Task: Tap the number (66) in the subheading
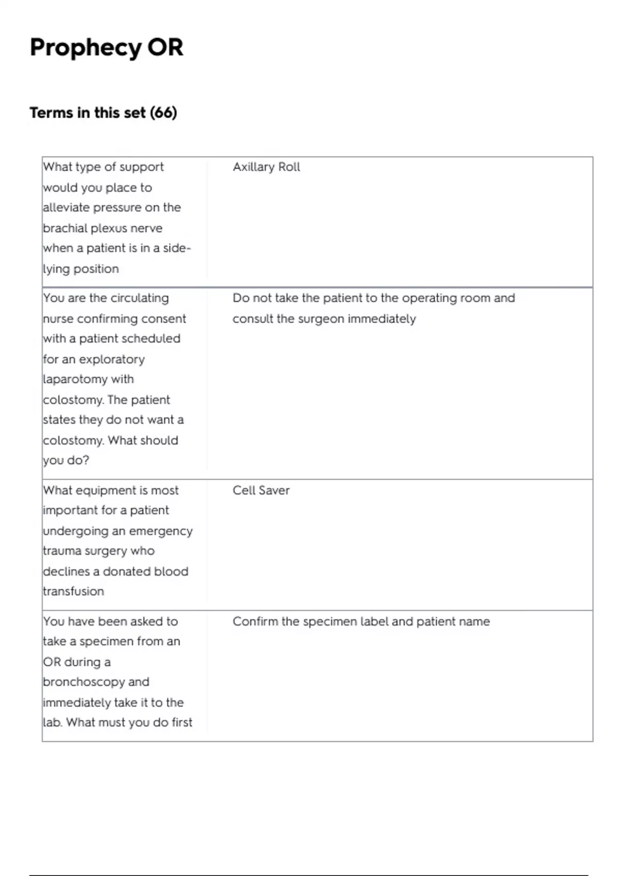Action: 163,112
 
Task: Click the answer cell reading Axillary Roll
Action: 266,167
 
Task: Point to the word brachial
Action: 65,228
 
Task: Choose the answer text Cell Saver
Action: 261,491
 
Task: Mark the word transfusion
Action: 73,592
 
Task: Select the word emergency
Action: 161,531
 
